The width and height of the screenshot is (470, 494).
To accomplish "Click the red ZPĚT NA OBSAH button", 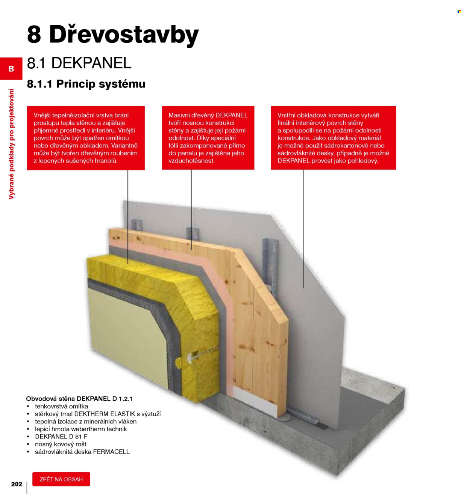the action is click(61, 479).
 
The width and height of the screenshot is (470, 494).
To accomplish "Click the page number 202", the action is click(17, 484).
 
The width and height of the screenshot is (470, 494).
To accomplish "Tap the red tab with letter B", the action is click(11, 69).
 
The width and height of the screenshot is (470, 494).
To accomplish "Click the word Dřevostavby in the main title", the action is click(124, 35).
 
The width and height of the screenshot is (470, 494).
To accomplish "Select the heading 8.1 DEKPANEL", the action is click(79, 63).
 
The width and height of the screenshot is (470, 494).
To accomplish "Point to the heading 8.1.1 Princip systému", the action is click(86, 84).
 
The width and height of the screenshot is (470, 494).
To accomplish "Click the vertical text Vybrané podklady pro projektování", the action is click(11, 144).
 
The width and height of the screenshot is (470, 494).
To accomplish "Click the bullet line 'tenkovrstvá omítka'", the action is click(61, 406).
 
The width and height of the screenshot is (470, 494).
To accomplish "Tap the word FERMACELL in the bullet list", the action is click(111, 452).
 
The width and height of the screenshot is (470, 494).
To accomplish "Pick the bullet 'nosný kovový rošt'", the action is click(61, 444).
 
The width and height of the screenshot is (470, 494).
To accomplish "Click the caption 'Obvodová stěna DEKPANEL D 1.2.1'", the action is click(79, 399).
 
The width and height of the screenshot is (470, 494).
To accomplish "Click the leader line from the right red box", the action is click(303, 229).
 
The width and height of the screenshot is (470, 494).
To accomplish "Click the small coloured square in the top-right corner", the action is click(459, 11).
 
